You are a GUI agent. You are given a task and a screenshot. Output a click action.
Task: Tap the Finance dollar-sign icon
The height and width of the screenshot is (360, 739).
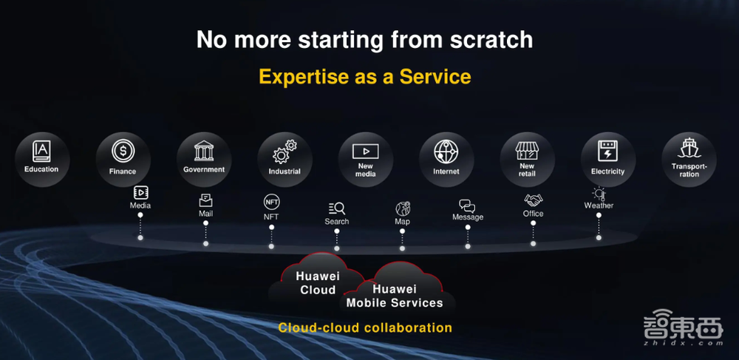coord(123,152)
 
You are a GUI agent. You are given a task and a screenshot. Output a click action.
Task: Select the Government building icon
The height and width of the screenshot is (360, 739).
coord(204,151)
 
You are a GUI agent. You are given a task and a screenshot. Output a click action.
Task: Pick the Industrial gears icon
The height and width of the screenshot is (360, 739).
coord(285,152)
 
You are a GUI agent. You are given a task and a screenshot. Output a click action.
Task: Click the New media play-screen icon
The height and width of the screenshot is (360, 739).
coord(365,152)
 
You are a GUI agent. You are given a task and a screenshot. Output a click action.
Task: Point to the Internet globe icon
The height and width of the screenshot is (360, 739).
coord(446,152)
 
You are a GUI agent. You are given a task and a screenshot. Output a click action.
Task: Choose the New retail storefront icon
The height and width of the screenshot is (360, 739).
coord(527,151)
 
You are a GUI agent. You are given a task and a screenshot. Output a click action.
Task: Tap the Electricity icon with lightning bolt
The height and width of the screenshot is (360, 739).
coord(608,151)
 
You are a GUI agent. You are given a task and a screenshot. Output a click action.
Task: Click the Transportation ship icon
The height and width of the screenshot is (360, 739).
coord(689,149)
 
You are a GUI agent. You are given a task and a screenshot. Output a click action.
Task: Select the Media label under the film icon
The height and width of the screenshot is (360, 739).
coord(140,206)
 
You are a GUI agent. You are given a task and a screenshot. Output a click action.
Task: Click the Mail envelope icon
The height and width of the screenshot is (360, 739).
coord(205,200)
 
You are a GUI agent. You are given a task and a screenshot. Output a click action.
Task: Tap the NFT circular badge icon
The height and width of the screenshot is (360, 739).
coord(271,202)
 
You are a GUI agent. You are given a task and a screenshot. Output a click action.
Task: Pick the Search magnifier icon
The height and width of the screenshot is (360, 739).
coord(337,208)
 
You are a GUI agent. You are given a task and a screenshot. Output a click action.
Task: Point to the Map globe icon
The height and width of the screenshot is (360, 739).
coord(403,208)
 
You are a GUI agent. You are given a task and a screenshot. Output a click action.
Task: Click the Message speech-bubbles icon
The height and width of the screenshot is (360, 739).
coord(467,206)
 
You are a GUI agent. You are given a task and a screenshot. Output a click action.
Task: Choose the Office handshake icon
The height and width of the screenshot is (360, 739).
coord(533,200)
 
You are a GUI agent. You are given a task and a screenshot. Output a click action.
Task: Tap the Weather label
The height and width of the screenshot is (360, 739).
coord(599,206)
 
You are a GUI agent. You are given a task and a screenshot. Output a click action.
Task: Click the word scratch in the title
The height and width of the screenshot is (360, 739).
coord(491,40)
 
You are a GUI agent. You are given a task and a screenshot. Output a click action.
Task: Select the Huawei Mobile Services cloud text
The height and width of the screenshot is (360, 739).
coord(395,296)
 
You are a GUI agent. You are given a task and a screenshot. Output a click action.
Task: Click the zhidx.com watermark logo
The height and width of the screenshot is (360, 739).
coord(684,328)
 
